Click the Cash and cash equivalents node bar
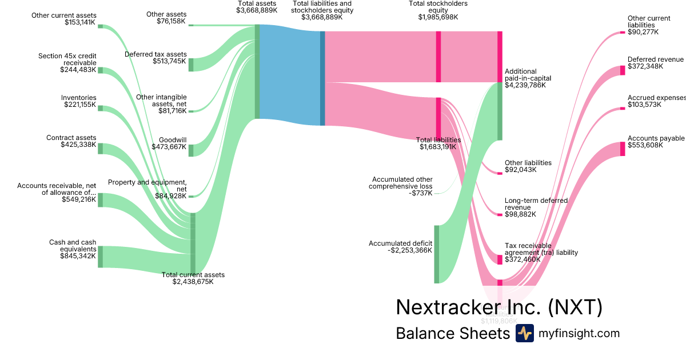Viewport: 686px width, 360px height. [100, 257]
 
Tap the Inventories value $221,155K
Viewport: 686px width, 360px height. [79, 105]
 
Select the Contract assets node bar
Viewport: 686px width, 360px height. [100, 149]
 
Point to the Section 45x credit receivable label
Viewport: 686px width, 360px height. [67, 59]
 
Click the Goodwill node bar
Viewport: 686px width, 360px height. [191, 150]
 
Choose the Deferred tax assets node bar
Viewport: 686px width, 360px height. [191, 65]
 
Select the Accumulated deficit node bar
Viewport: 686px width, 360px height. [436, 254]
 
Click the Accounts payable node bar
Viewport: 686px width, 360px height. [623, 149]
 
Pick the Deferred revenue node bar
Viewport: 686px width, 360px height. [623, 70]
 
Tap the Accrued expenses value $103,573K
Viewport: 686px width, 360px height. [644, 105]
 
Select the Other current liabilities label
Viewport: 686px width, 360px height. [649, 22]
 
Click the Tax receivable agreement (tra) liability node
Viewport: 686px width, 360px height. [500, 259]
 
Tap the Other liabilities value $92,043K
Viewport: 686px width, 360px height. [520, 170]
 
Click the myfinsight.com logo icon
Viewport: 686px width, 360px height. [524, 333]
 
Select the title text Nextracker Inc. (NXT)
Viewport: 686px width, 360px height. [498, 307]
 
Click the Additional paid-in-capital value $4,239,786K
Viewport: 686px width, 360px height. [525, 85]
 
